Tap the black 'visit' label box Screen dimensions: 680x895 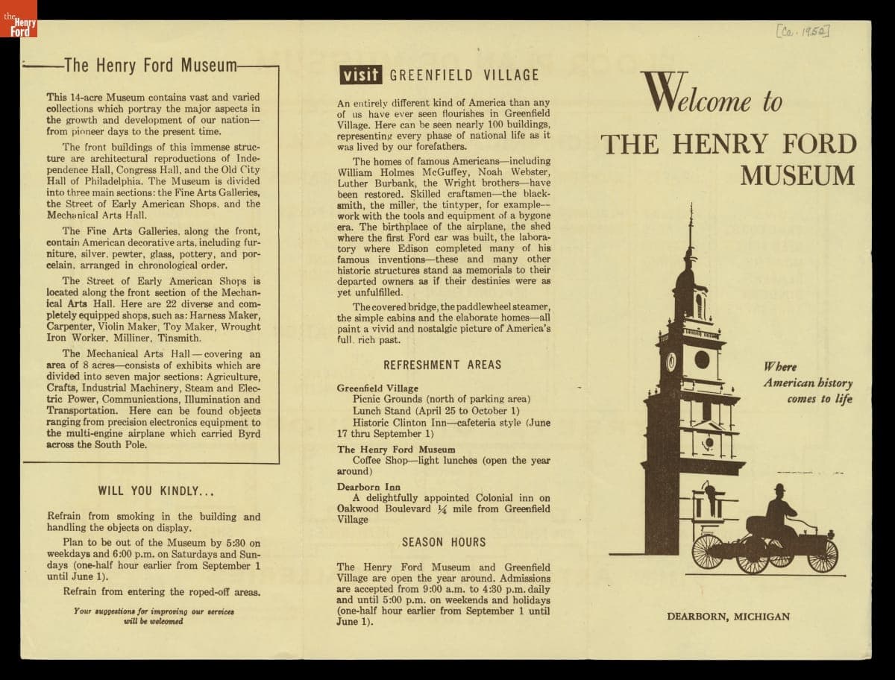pyautogui.click(x=360, y=75)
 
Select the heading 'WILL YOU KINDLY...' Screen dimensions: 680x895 pyautogui.click(x=157, y=491)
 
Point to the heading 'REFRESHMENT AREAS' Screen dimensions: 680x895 pyautogui.click(x=442, y=365)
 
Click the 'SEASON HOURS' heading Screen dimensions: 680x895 pyautogui.click(x=444, y=542)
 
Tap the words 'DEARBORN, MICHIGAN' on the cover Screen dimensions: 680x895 pyautogui.click(x=728, y=617)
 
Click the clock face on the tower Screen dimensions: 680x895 pyautogui.click(x=671, y=362)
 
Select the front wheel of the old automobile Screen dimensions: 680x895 pyautogui.click(x=823, y=555)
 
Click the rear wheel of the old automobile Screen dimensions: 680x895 pyautogui.click(x=708, y=551)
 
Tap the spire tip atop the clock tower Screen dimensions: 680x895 pyautogui.click(x=691, y=209)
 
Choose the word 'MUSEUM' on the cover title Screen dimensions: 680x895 pyautogui.click(x=797, y=175)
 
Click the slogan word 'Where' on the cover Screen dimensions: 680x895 pyautogui.click(x=779, y=367)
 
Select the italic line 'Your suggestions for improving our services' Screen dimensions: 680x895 pyautogui.click(x=154, y=611)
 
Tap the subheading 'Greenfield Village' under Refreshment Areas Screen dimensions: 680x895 pyautogui.click(x=377, y=388)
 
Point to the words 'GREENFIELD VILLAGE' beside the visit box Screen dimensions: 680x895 pyautogui.click(x=464, y=75)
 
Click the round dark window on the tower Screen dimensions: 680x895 pyautogui.click(x=702, y=359)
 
